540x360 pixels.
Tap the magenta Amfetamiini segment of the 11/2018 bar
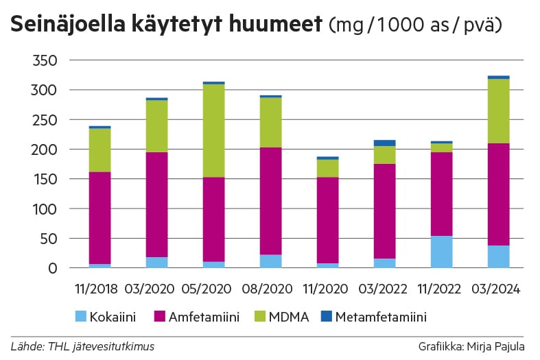[100, 217]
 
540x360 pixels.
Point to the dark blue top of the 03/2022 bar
[384, 143]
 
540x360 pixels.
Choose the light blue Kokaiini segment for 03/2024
[497, 256]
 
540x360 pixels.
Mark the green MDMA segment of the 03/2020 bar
[156, 126]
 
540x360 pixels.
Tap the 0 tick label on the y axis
[51, 268]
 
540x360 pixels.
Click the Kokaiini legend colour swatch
[80, 316]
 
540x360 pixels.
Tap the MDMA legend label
[290, 316]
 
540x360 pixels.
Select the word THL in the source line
[54, 346]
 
